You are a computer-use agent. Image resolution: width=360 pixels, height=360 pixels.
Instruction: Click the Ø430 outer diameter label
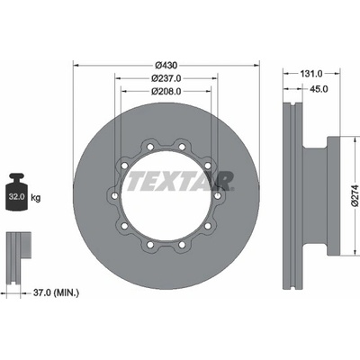click(166, 65)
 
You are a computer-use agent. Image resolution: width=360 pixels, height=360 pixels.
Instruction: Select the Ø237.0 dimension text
click(166, 78)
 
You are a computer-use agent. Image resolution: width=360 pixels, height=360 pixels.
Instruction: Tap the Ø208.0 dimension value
click(166, 91)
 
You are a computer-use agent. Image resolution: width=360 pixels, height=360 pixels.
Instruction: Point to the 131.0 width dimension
click(312, 73)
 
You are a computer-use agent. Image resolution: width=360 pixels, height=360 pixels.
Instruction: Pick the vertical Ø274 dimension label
click(355, 195)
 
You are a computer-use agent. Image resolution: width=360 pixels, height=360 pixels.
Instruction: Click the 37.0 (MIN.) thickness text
click(56, 292)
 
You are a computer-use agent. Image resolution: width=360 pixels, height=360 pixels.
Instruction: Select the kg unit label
click(36, 198)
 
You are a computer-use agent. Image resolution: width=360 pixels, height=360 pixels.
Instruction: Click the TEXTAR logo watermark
click(181, 181)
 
